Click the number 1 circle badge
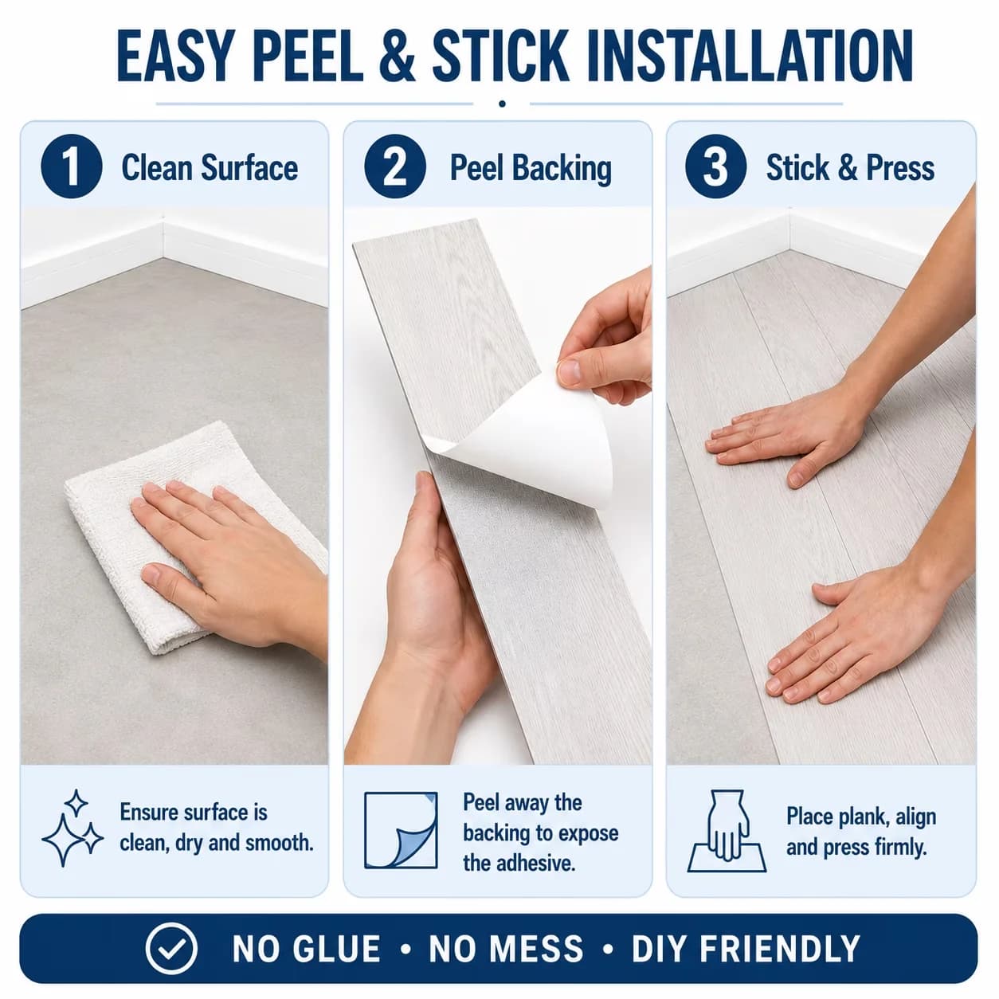click(x=72, y=167)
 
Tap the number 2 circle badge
click(x=395, y=167)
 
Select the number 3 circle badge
click(x=716, y=167)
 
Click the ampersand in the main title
click(x=398, y=56)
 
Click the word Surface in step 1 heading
click(x=249, y=168)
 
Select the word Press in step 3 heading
click(x=900, y=168)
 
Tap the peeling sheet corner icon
click(x=401, y=830)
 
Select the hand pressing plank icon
click(x=727, y=831)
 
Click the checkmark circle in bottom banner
click(x=171, y=948)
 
